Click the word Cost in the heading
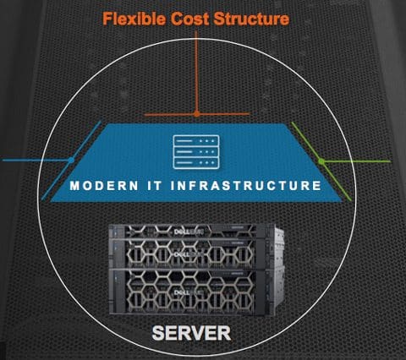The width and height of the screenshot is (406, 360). coord(190,19)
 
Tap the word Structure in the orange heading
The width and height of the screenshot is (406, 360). coord(251,19)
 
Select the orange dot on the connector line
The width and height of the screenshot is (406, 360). coord(197,114)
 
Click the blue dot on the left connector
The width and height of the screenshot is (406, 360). coord(71,160)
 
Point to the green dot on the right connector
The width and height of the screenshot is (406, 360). coord(321,161)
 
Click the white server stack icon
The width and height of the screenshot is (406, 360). coord(196,152)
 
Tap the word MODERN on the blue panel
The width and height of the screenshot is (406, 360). coord(104,186)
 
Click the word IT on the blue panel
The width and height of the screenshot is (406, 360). coord(155,186)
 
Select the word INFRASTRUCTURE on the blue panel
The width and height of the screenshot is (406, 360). coord(246,186)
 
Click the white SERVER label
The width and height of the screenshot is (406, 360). coord(191,333)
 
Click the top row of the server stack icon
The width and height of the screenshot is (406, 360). coord(196,140)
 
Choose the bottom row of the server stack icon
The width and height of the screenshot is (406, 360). coord(196,163)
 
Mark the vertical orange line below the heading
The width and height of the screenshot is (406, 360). coord(196,73)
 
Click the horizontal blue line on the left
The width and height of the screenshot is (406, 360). coord(36,160)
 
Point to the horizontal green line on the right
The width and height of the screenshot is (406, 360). coord(356,161)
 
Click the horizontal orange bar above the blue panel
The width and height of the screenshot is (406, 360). coord(197,114)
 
